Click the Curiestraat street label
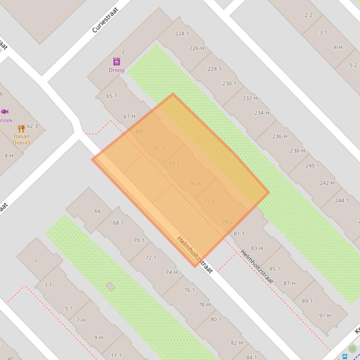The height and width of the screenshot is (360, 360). pyautogui.click(x=105, y=20)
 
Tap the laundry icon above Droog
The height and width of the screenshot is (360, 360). pyautogui.click(x=117, y=61)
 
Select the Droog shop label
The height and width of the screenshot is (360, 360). pyautogui.click(x=117, y=70)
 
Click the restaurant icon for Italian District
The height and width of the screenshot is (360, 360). pyautogui.click(x=21, y=128)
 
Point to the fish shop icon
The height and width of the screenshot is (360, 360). pyautogui.click(x=5, y=111)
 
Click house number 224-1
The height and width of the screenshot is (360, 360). pyautogui.click(x=182, y=33)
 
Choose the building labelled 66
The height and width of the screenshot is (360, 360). pyautogui.click(x=97, y=211)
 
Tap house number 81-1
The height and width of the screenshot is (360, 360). pyautogui.click(x=239, y=233)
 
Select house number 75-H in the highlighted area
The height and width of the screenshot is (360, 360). pyautogui.click(x=194, y=184)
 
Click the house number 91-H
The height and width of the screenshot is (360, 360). pyautogui.click(x=325, y=316)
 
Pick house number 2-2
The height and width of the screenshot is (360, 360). pyautogui.click(x=308, y=15)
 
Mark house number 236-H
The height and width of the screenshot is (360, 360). pyautogui.click(x=279, y=136)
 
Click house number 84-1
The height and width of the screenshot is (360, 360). pyautogui.click(x=251, y=358)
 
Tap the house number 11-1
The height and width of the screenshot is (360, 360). pyautogui.click(x=116, y=355)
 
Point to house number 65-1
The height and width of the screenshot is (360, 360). pyautogui.click(x=111, y=96)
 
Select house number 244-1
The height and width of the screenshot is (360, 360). pyautogui.click(x=342, y=200)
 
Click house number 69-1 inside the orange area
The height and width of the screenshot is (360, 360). pyautogui.click(x=141, y=131)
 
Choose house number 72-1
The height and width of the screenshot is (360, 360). pyautogui.click(x=151, y=258)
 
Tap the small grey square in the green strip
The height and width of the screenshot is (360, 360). pyautogui.click(x=110, y=286)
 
